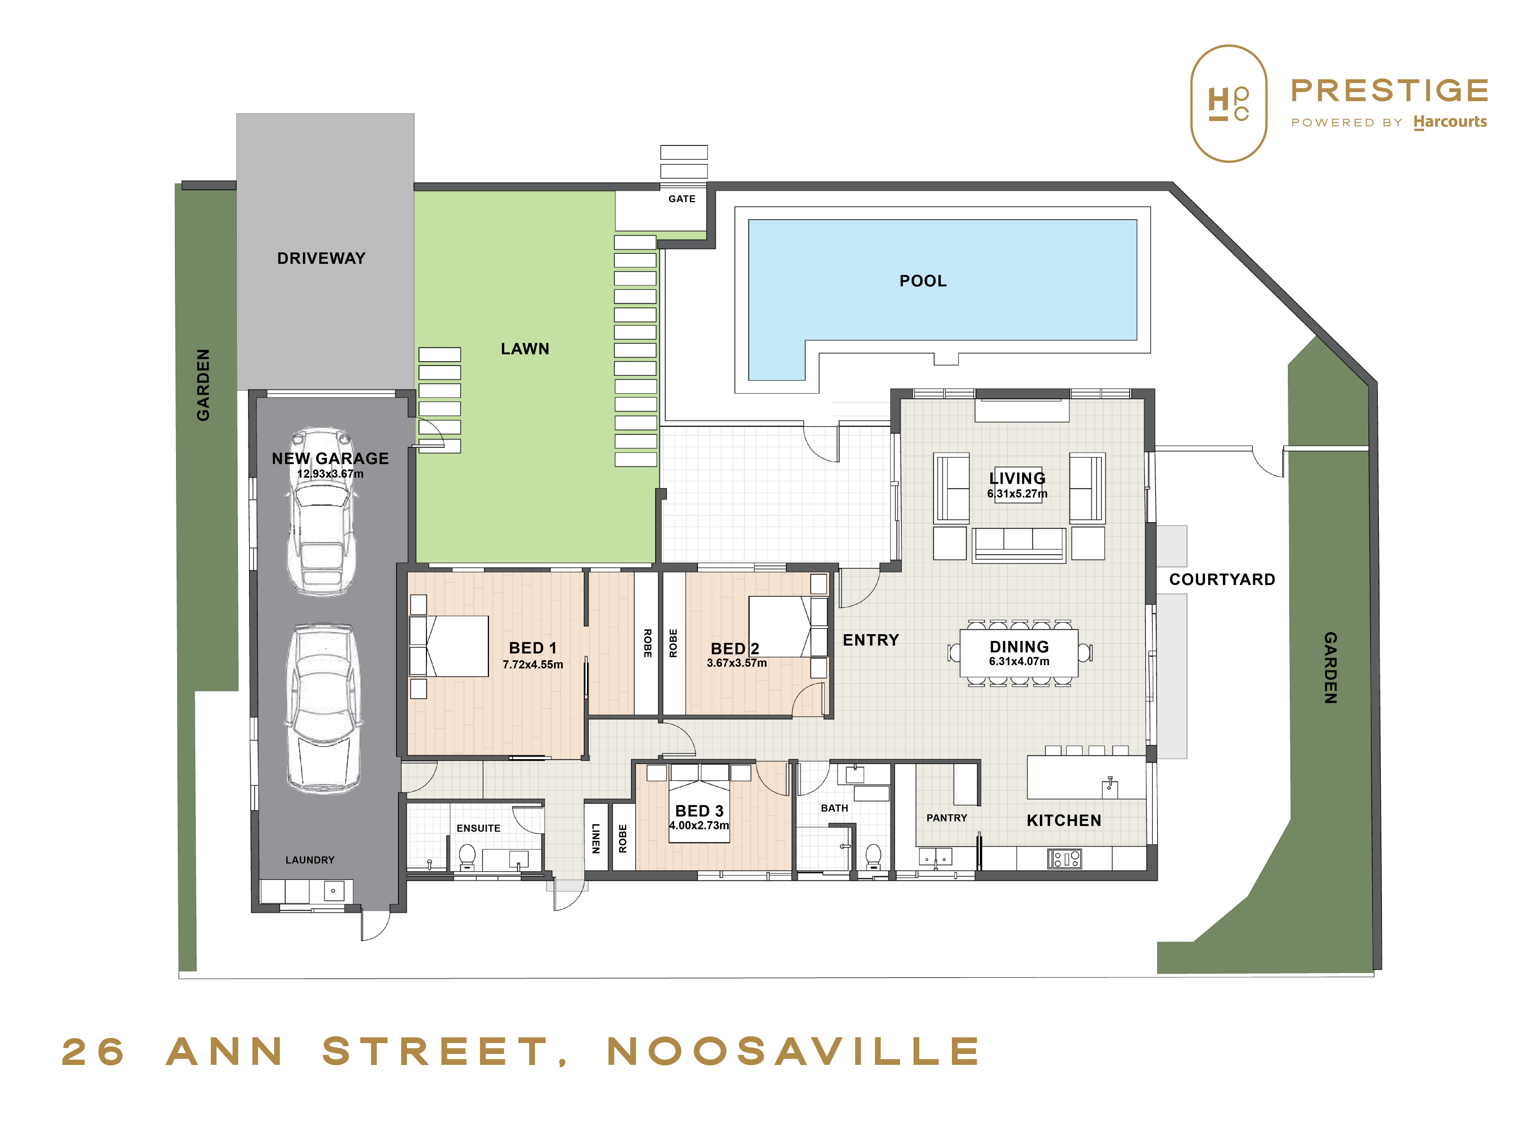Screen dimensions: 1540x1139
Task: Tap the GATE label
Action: pos(682,199)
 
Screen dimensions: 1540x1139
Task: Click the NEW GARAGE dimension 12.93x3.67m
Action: pos(330,474)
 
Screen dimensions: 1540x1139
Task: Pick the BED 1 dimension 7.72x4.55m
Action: pos(533,665)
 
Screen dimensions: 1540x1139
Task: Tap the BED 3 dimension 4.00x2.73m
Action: pos(699,825)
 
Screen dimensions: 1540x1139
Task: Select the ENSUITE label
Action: pos(478,828)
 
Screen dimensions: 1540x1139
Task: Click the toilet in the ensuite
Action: pos(467,857)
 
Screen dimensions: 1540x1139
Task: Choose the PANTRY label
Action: pos(946,818)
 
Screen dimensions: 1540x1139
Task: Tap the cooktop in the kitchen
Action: pos(1064,858)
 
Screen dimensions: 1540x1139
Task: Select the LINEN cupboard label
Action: pos(595,838)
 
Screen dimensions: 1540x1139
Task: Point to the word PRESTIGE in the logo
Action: pos(1389,90)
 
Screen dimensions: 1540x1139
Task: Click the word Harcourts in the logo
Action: pos(1450,122)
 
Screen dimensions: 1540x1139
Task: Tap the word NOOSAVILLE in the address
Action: pos(793,1052)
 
